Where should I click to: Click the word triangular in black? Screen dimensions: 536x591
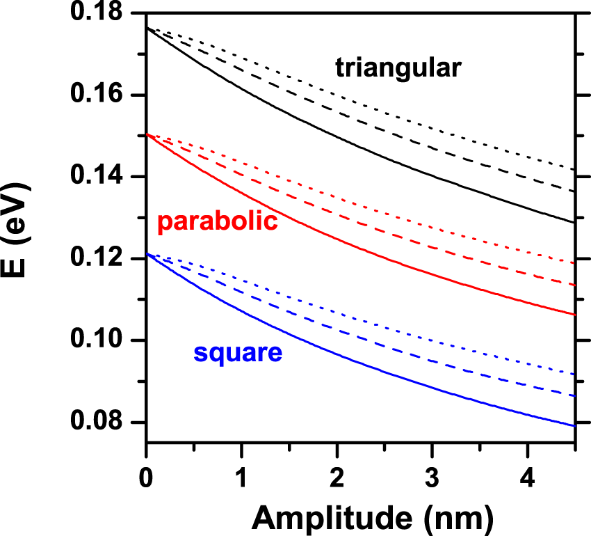[398, 68]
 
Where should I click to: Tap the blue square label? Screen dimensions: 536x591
[238, 353]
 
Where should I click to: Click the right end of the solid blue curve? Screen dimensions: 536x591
[574, 425]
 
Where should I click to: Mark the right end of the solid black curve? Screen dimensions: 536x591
[574, 223]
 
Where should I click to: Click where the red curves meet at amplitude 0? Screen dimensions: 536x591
[147, 134]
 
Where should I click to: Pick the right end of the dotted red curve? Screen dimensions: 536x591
[574, 263]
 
